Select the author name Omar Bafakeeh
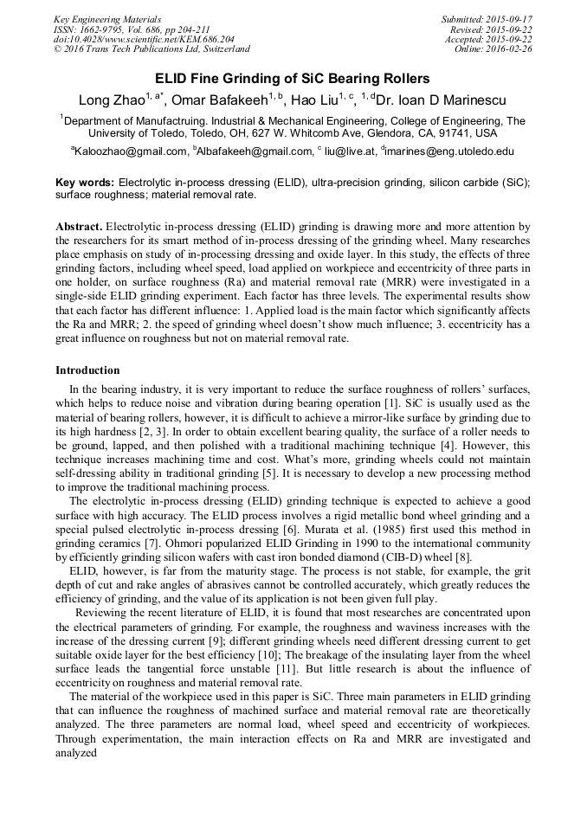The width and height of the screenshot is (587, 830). pyautogui.click(x=223, y=101)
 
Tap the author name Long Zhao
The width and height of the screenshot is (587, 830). pyautogui.click(x=111, y=101)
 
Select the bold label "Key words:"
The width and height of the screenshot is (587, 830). pyautogui.click(x=85, y=183)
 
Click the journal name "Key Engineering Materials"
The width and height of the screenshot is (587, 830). pyautogui.click(x=106, y=19)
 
